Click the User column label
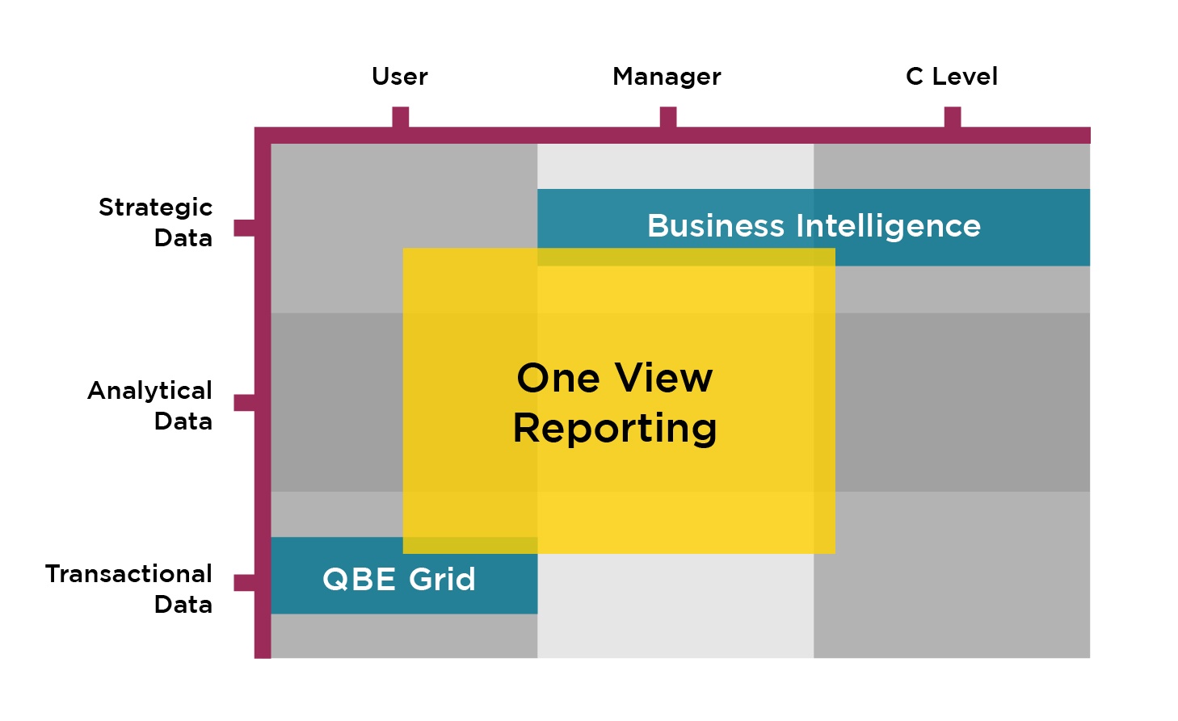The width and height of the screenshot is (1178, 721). coord(400,77)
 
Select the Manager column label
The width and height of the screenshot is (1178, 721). coord(667,77)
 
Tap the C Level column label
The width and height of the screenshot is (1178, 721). coord(951,77)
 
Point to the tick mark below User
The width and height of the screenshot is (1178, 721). coord(400,116)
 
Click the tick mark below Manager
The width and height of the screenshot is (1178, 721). coord(668,116)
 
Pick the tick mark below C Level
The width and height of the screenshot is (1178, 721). coord(953,116)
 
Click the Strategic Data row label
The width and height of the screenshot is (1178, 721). coord(156,222)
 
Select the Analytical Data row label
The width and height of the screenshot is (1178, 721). coord(150,405)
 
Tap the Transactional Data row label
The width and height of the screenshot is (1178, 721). coord(128,589)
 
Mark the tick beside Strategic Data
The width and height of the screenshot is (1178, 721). coord(245,228)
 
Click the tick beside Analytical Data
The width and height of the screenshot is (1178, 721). coord(245,403)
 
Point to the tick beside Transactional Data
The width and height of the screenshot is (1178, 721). coord(245,583)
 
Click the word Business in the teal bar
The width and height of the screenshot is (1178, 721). coord(716,226)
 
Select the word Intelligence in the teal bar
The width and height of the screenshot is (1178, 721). coord(888,227)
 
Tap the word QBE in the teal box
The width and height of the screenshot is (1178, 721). coord(360,580)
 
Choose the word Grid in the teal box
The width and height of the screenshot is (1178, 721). coord(442,579)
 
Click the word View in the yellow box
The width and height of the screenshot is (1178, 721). coord(663,378)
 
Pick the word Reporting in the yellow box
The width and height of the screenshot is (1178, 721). coord(615,429)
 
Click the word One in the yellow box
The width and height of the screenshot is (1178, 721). coord(558,378)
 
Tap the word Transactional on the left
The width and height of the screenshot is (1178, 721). coord(128,573)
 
